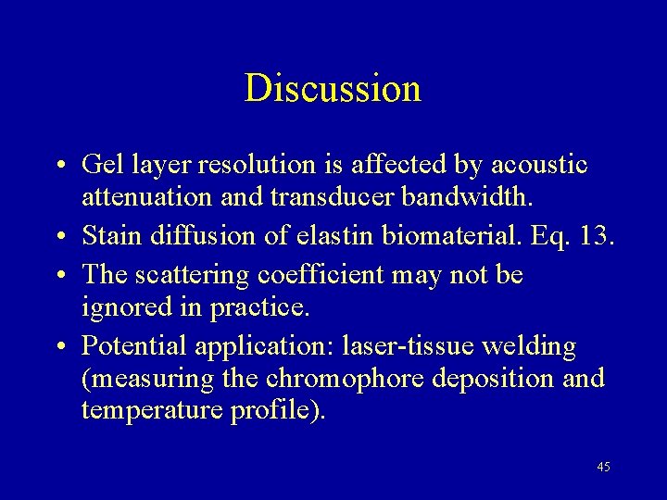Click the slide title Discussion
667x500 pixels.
(x=333, y=88)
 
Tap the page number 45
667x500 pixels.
(x=603, y=467)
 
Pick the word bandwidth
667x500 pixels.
(x=454, y=197)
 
